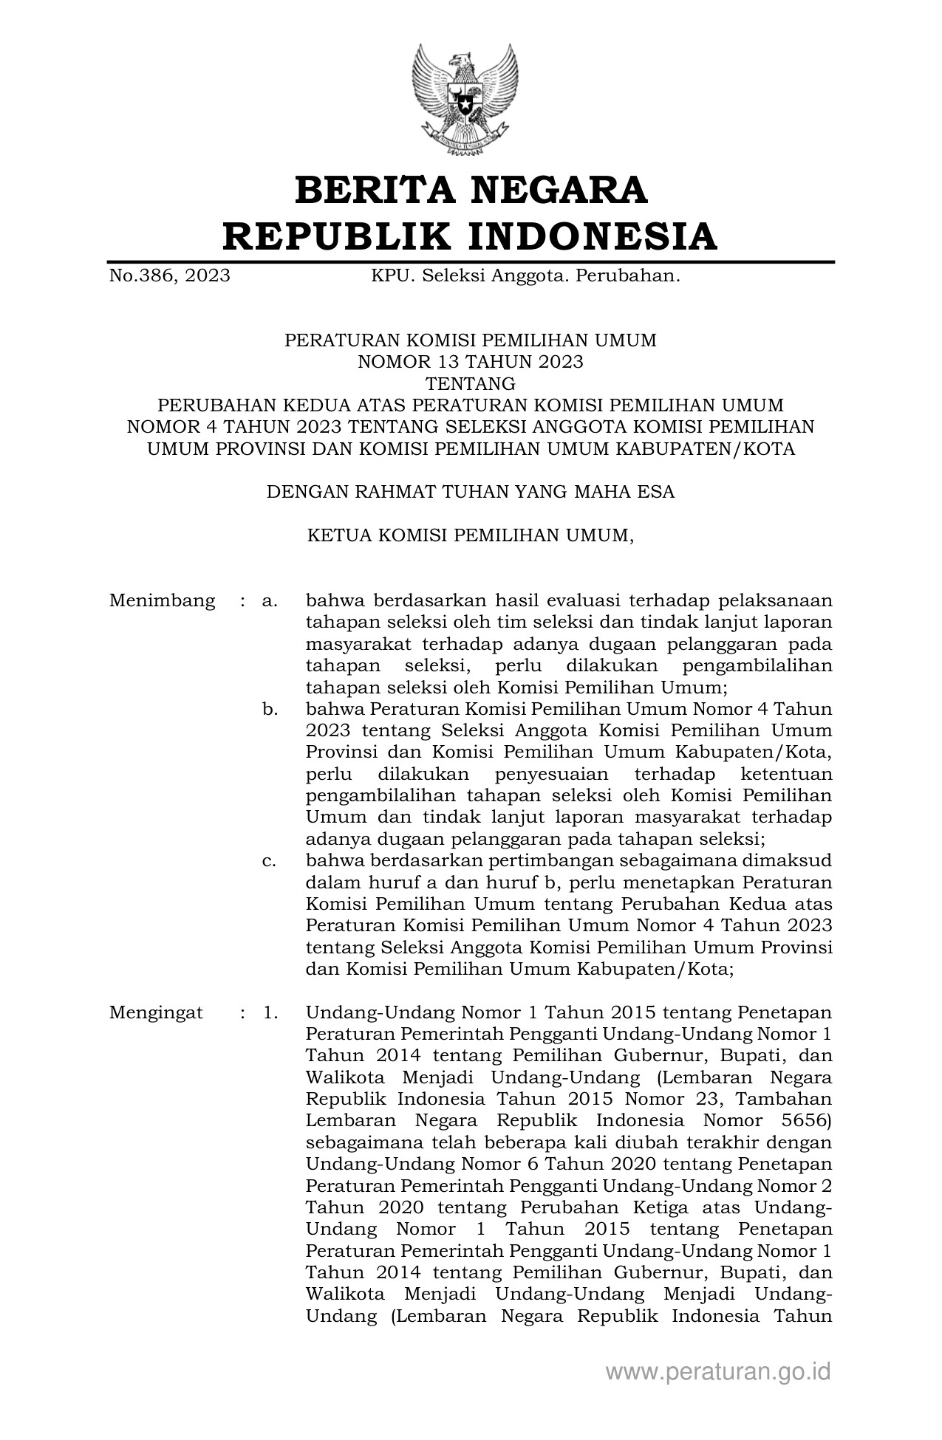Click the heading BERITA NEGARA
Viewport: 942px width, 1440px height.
click(471, 190)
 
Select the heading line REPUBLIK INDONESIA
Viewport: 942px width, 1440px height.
click(471, 236)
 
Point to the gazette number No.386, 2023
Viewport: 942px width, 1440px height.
click(169, 276)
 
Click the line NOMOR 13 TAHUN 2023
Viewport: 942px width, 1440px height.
click(471, 362)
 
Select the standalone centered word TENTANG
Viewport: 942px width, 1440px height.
click(471, 383)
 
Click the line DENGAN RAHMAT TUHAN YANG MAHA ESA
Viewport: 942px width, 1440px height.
click(471, 492)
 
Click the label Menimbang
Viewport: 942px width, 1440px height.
click(162, 600)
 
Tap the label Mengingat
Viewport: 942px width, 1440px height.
click(156, 1012)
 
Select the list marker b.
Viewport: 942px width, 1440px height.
click(270, 710)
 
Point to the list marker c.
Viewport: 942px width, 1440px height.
click(270, 861)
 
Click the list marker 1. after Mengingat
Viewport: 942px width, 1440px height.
click(270, 1012)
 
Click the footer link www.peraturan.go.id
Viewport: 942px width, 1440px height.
click(718, 1371)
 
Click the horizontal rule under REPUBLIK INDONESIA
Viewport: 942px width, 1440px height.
click(471, 261)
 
